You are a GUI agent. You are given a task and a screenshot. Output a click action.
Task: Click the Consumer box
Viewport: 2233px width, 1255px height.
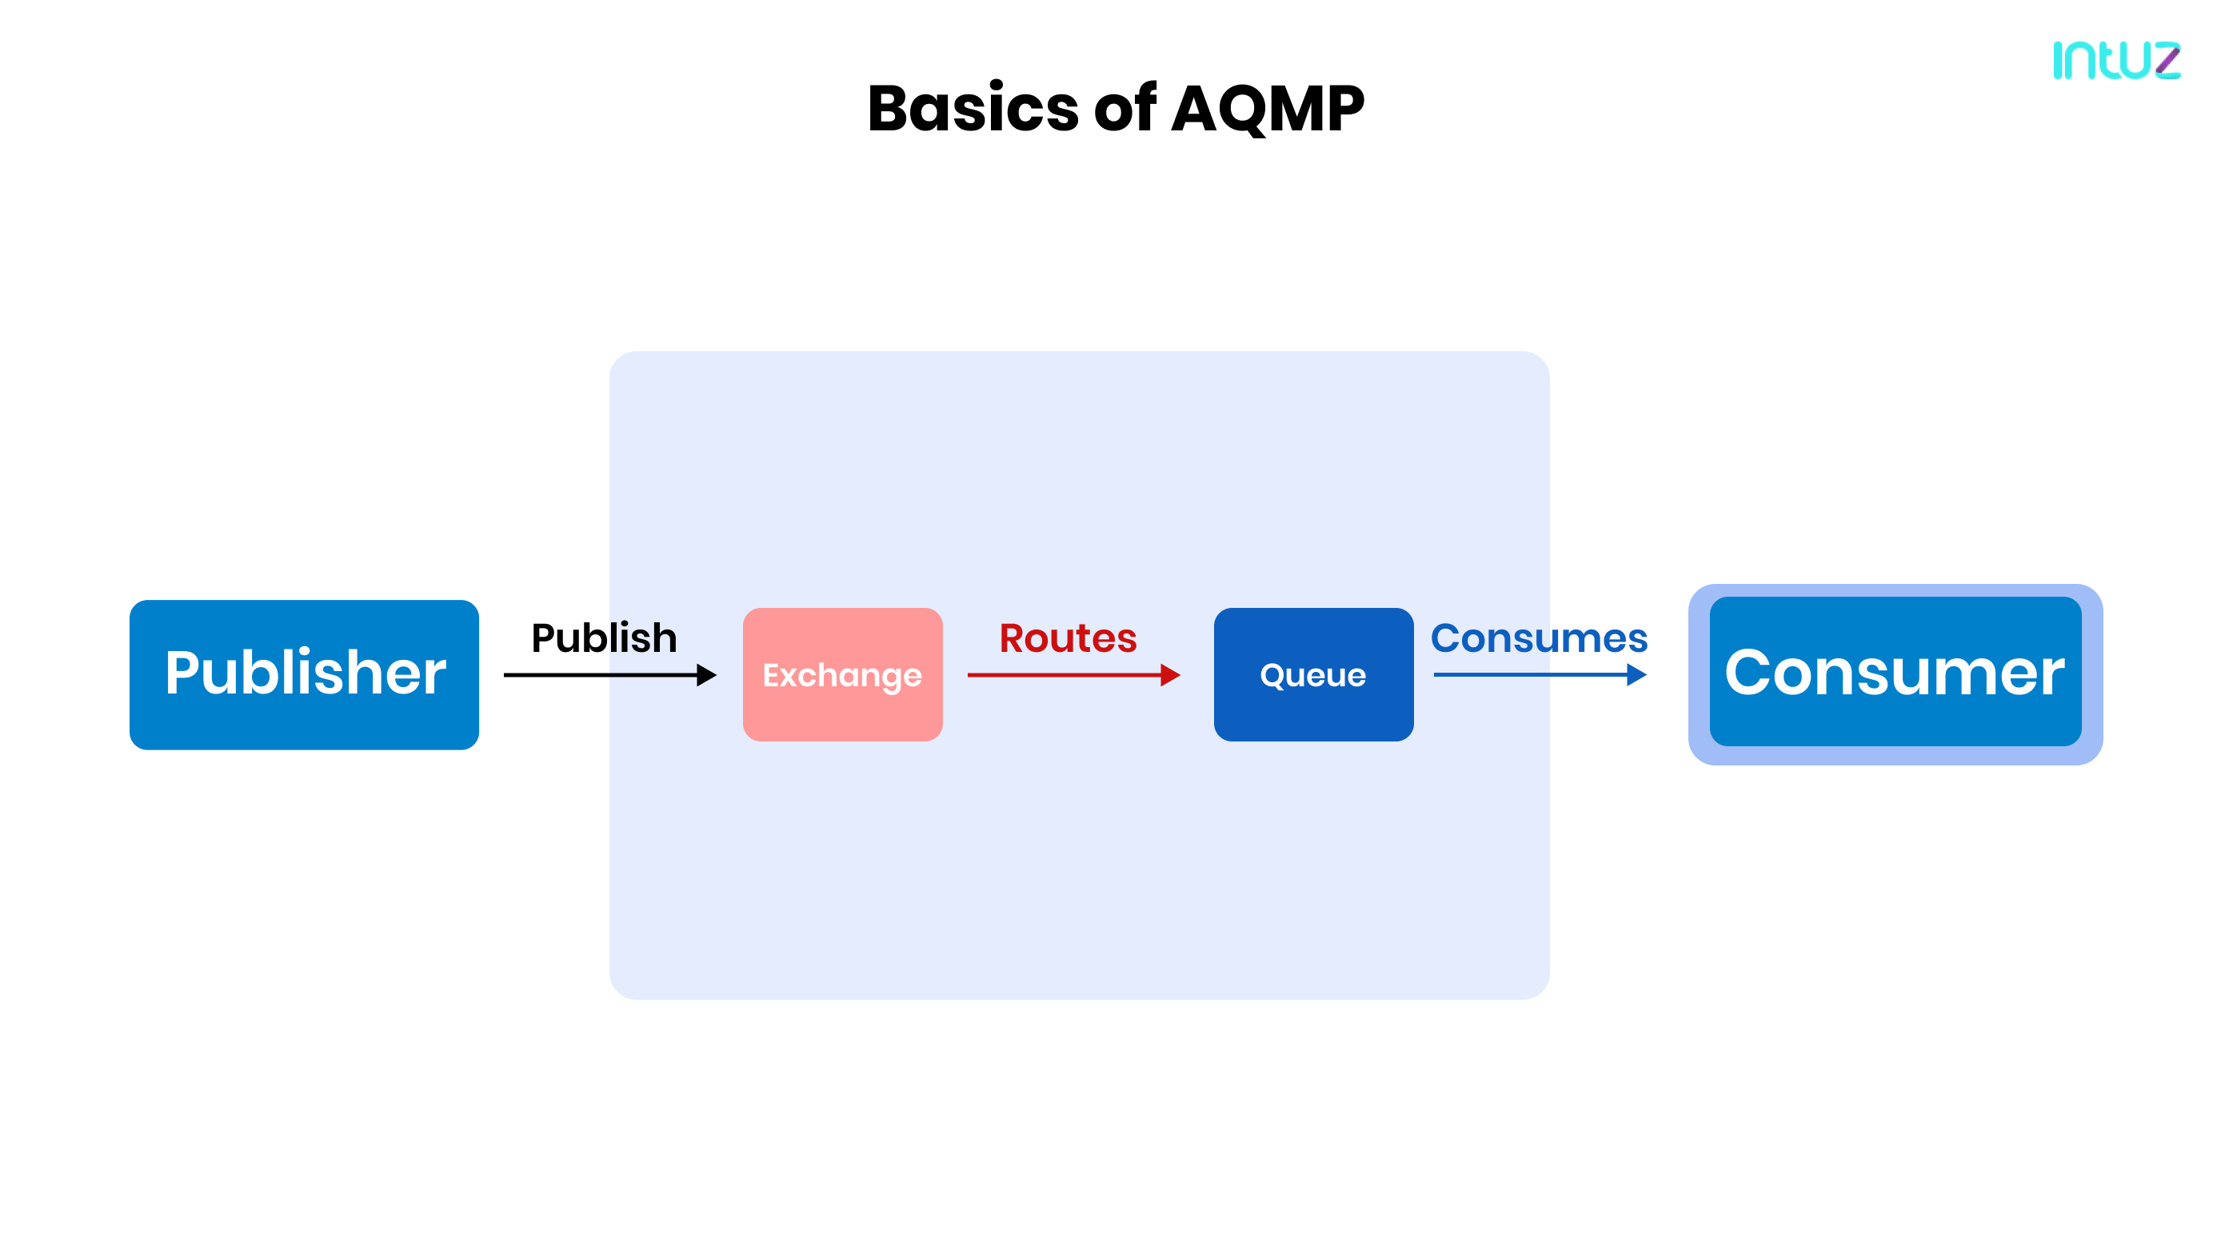[1894, 674]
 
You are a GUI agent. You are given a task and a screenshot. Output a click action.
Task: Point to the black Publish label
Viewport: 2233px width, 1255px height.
[603, 638]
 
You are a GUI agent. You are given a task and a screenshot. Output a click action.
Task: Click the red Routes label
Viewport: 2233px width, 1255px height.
[1067, 638]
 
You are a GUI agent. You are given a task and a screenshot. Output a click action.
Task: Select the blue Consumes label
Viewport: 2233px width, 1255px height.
[1538, 638]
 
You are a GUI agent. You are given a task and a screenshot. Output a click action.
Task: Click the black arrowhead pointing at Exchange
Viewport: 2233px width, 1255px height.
[706, 674]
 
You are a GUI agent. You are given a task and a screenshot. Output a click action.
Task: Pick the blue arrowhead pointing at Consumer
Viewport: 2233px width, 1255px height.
[1636, 674]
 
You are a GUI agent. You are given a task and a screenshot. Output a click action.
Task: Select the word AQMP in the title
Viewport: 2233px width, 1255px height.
[1268, 110]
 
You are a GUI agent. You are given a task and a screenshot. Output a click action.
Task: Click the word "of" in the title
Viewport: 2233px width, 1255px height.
[1124, 110]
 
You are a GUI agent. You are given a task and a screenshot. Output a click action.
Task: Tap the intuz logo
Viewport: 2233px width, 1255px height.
[2115, 60]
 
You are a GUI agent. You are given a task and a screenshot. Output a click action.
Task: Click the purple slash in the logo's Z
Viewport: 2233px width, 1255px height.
[2168, 60]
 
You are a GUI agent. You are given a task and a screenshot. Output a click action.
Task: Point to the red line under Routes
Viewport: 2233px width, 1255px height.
[1057, 674]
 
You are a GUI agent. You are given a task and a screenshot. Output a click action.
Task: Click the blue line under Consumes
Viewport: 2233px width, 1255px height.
[1526, 674]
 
